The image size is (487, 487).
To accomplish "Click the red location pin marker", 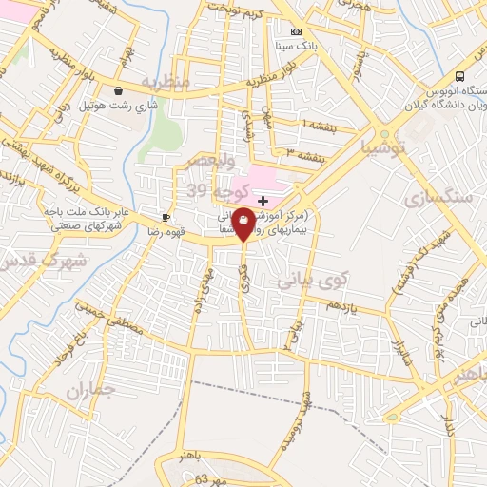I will click(243, 224).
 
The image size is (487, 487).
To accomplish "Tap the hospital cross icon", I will click(263, 201).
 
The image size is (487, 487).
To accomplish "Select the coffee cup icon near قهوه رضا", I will click(167, 215).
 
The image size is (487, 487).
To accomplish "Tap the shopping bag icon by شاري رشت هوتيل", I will click(117, 91).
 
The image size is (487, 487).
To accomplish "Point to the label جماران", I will click(91, 390).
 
